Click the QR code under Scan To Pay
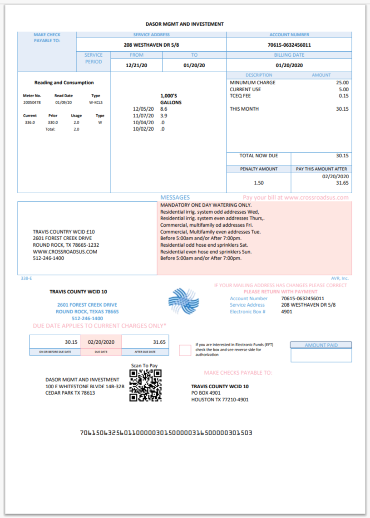tap(146, 385)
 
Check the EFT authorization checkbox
tap(185, 350)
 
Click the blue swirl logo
tap(183, 301)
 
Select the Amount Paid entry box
tap(321, 355)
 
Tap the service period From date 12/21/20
tap(136, 65)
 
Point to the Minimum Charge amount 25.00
tap(342, 83)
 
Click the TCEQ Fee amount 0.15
tap(343, 96)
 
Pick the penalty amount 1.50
tap(258, 183)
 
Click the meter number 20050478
tap(32, 103)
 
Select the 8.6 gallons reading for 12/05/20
tap(164, 109)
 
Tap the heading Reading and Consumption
tap(64, 83)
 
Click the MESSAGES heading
tap(175, 198)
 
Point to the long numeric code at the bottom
tap(166, 433)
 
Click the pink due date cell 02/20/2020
tap(101, 342)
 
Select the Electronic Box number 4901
tap(287, 312)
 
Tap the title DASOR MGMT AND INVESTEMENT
tap(184, 24)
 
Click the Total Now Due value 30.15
tap(342, 156)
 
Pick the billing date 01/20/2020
tap(289, 65)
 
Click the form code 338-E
tap(26, 278)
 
